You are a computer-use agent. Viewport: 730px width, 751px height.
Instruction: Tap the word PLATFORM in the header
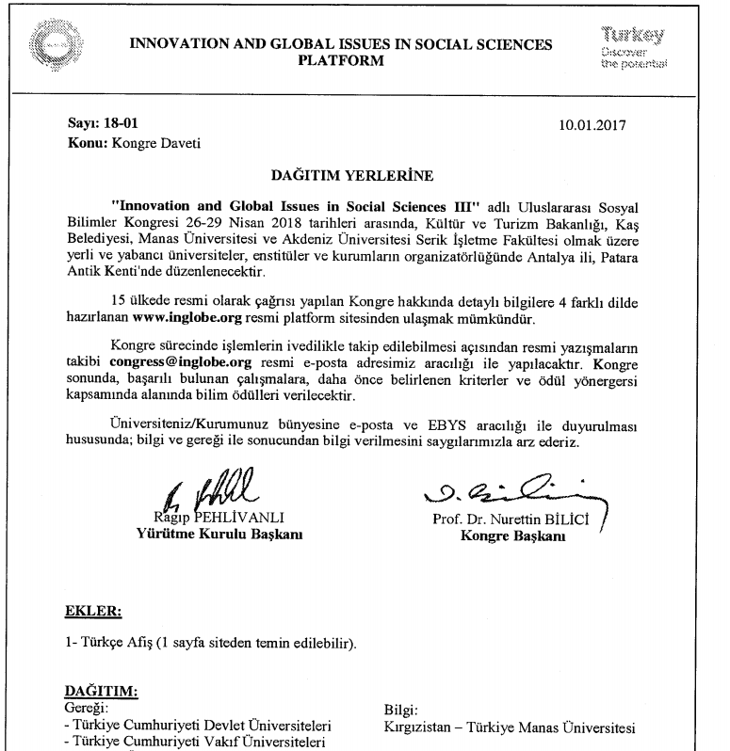click(340, 61)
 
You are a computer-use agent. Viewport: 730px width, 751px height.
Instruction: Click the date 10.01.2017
click(591, 124)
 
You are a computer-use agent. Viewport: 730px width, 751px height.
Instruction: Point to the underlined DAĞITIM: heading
click(101, 692)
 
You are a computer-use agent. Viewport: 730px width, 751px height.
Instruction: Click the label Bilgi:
click(401, 710)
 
